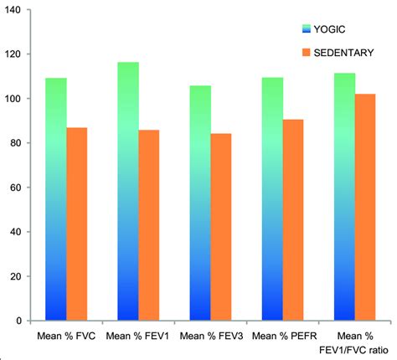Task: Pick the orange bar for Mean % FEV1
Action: pyautogui.click(x=150, y=225)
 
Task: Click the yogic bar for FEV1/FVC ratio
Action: pyautogui.click(x=344, y=197)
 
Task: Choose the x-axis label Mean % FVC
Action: pyautogui.click(x=66, y=337)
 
